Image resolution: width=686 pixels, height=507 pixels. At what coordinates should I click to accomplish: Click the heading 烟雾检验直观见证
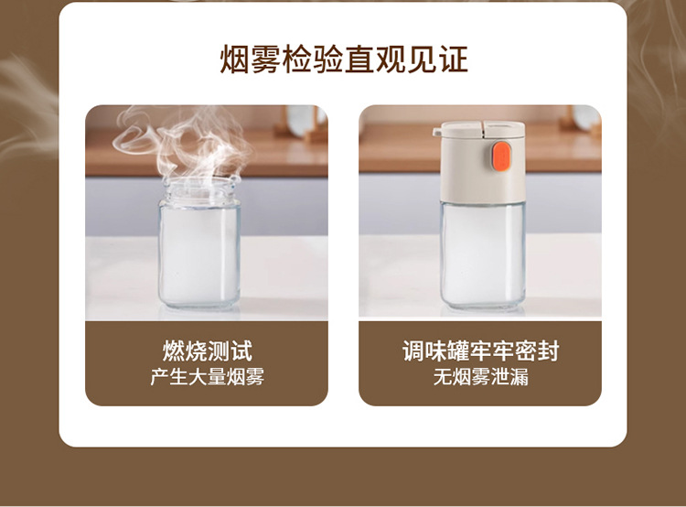pos(344,59)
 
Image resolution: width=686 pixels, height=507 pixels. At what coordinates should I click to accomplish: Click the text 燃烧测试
pos(207,351)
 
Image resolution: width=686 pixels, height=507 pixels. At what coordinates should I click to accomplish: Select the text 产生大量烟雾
pos(207,376)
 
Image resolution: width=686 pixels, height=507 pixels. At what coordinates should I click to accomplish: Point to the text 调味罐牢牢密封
pos(480,351)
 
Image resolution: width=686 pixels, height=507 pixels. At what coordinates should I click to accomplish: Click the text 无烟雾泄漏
pos(480,376)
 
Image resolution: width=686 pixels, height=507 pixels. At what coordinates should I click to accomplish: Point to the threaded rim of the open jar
pos(200,189)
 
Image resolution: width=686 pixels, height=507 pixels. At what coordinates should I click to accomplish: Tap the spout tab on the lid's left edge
pos(437,132)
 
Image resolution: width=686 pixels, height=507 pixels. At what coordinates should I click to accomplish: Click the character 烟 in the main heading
pos(234,59)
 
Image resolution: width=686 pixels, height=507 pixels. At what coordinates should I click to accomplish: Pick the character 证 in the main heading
pos(454,59)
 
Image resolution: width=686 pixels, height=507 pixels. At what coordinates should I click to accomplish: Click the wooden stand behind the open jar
pos(302,124)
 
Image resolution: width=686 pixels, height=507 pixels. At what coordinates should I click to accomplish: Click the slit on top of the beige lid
pos(483,128)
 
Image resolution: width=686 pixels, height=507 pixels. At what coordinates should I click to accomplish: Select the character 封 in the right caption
pos(549,351)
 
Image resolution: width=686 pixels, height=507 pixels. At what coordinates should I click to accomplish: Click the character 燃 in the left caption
pos(174,351)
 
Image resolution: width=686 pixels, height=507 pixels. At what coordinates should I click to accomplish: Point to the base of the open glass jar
pos(199,304)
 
